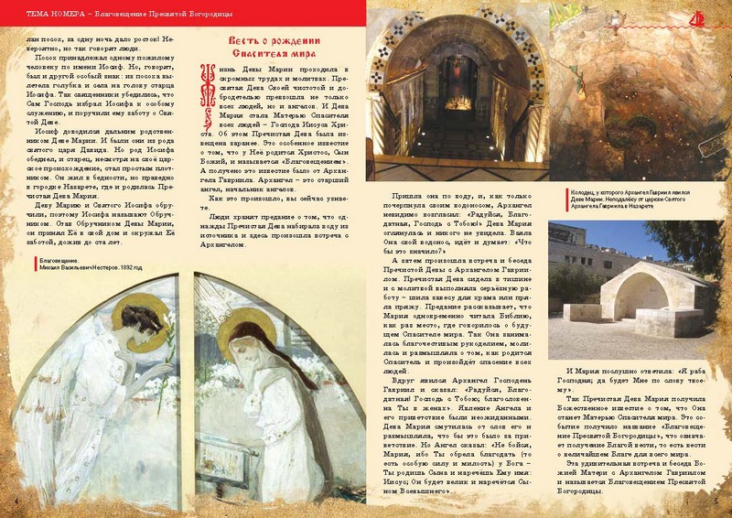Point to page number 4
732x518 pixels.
[17, 502]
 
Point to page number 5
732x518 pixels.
[714, 502]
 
